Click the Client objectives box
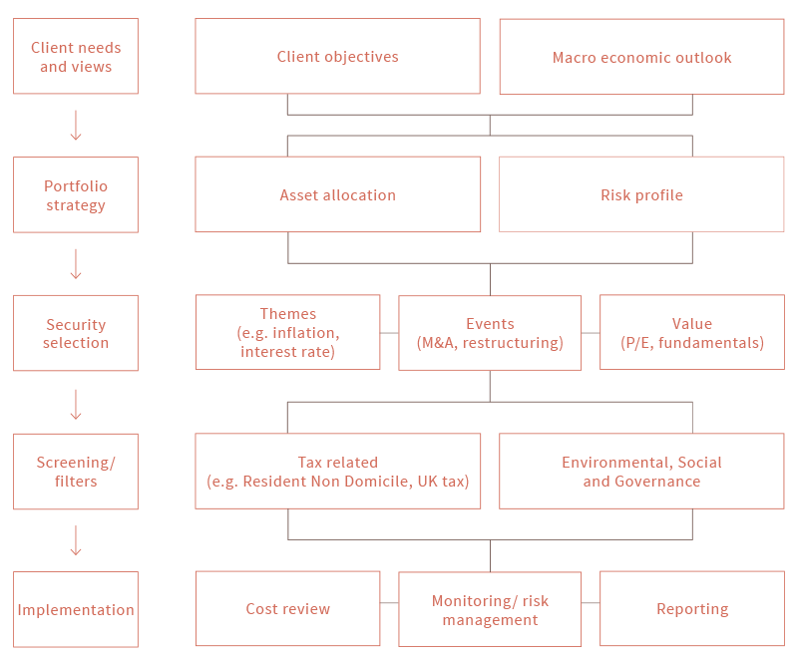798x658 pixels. [x=337, y=56]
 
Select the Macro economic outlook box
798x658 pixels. [x=641, y=57]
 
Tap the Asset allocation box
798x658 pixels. [x=337, y=194]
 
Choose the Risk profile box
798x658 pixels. [x=641, y=194]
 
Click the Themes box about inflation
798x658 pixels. [x=287, y=332]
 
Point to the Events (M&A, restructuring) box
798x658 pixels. [x=490, y=333]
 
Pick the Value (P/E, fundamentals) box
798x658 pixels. [x=692, y=332]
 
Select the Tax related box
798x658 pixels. [x=337, y=471]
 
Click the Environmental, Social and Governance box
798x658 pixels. [x=641, y=471]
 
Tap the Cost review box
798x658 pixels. [x=287, y=609]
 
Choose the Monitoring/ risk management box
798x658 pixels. [x=490, y=609]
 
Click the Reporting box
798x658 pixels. [x=692, y=609]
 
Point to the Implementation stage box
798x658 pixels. [x=76, y=609]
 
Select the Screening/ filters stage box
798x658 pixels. [x=76, y=472]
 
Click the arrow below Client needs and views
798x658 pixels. [x=76, y=125]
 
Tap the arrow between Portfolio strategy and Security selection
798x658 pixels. [x=76, y=264]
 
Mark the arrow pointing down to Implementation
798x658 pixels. [x=76, y=540]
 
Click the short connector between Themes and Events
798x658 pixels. [x=389, y=333]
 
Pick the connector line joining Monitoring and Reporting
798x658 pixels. [x=591, y=602]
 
